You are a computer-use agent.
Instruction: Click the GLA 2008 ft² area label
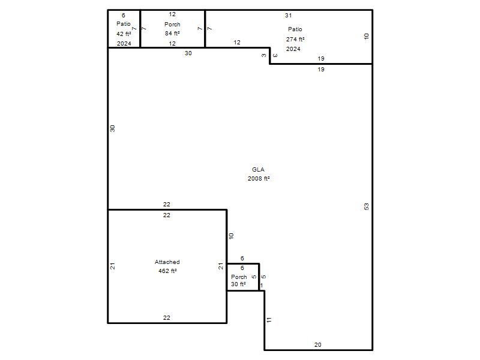click(259, 174)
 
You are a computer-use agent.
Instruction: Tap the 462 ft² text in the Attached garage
click(167, 271)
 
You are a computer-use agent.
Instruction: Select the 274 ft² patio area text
click(295, 39)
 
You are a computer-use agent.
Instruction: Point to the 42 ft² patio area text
click(124, 34)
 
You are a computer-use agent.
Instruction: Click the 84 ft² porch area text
click(172, 33)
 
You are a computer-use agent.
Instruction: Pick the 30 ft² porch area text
click(238, 284)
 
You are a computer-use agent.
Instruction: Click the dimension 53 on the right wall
click(367, 206)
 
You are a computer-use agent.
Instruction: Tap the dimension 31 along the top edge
click(289, 16)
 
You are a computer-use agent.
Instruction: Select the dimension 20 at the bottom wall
click(318, 344)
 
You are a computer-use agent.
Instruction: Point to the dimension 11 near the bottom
click(269, 320)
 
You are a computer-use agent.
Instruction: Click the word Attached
click(167, 262)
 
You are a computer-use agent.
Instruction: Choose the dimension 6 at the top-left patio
click(124, 16)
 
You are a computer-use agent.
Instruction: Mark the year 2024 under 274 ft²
click(293, 49)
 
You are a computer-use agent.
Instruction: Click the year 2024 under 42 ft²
click(124, 43)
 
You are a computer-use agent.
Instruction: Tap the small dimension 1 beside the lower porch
click(262, 286)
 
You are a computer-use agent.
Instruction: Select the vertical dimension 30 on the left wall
click(112, 128)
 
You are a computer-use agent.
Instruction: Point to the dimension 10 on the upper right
click(367, 36)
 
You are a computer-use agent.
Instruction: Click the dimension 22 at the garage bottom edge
click(167, 318)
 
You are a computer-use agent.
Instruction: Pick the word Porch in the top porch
click(172, 24)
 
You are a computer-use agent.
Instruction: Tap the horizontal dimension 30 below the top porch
click(188, 53)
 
